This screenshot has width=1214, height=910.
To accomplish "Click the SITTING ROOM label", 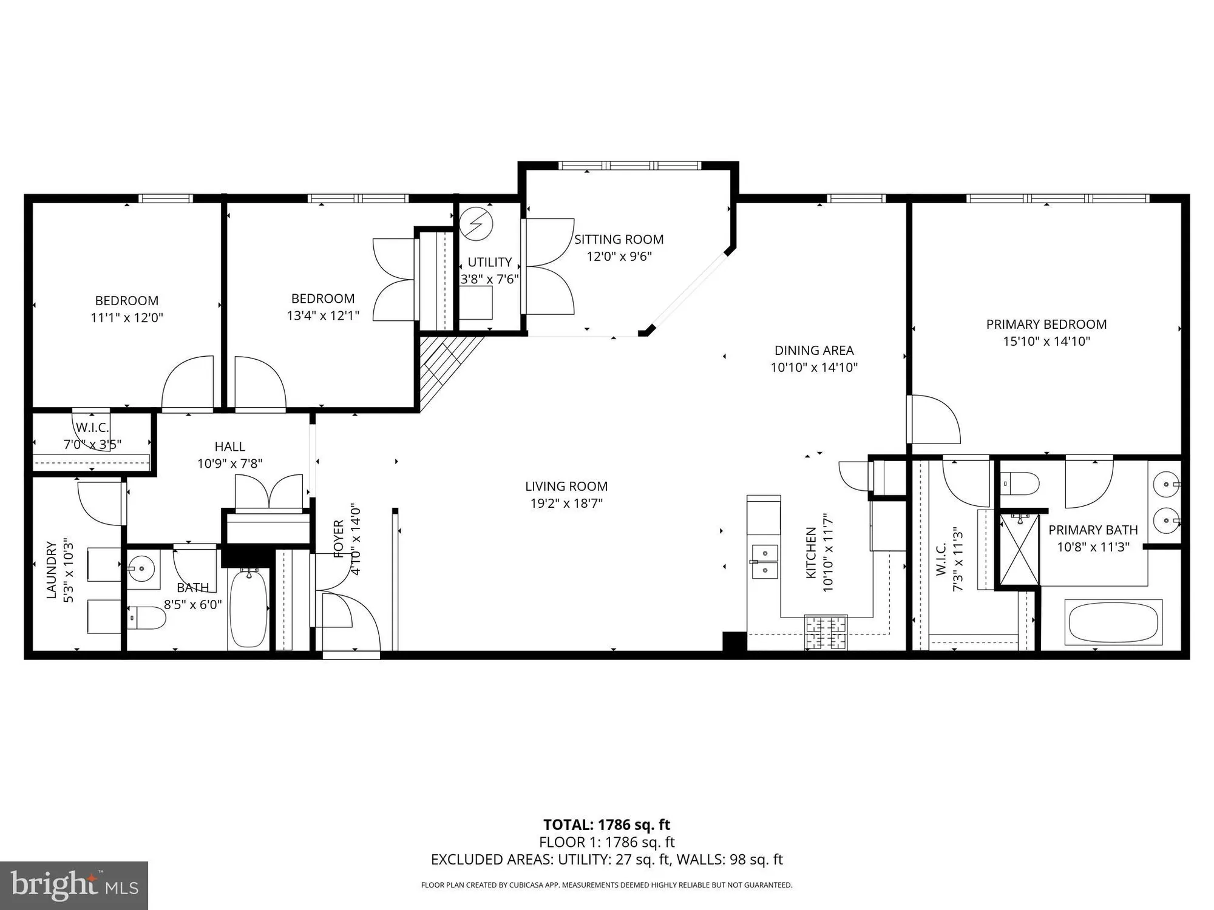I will (x=619, y=240).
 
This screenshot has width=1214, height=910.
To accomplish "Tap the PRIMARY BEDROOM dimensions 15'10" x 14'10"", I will (x=1046, y=342).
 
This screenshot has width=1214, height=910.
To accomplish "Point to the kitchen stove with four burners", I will (x=826, y=633).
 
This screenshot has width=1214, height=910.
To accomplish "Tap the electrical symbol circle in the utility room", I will (x=476, y=224).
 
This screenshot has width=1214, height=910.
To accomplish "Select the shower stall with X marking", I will (x=1019, y=549).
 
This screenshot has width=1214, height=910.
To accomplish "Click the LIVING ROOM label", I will (x=566, y=487).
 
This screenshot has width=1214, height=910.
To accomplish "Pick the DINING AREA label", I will (x=813, y=351).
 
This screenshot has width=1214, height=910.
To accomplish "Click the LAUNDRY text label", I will (x=52, y=570).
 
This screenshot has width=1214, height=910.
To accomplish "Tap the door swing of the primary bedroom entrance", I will (x=935, y=419).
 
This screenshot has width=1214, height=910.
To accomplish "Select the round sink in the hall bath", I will (x=142, y=569).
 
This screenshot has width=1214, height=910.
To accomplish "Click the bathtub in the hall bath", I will (x=248, y=608).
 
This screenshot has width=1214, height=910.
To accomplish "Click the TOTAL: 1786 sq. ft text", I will (x=606, y=824).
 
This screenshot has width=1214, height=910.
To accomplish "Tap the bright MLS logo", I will (x=74, y=885).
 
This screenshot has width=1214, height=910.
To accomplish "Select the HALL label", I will (x=229, y=447).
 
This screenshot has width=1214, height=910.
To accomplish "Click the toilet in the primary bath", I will (x=1020, y=484).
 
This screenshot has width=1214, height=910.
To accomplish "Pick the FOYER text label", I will (x=339, y=538).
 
